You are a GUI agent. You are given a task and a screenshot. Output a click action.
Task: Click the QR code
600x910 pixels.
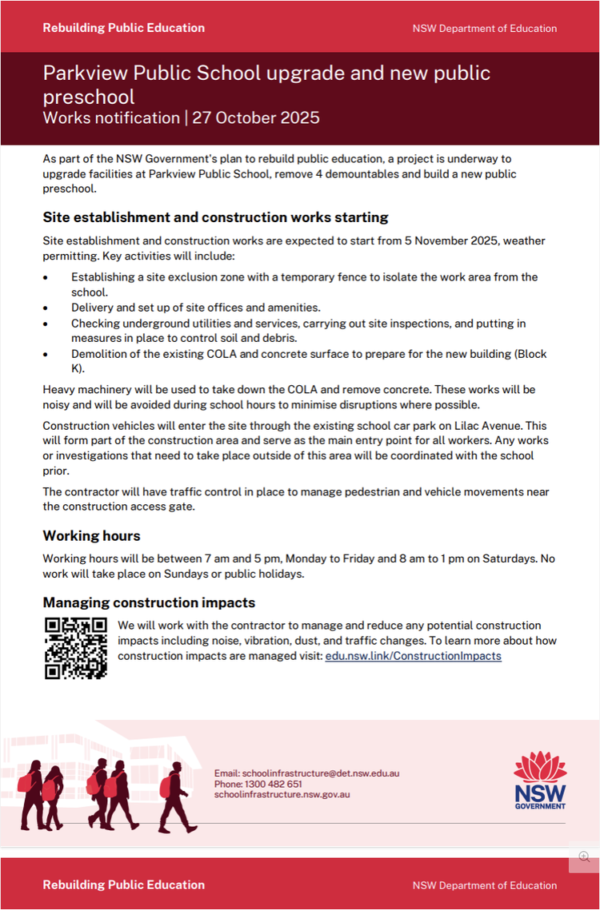(76, 648)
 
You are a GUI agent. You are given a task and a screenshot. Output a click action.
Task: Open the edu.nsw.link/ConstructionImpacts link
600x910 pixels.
(413, 656)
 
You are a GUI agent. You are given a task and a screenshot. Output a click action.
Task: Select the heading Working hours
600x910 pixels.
(91, 535)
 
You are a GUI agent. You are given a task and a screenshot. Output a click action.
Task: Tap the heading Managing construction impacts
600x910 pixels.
(149, 602)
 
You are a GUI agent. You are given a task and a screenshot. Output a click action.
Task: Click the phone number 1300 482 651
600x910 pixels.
(274, 785)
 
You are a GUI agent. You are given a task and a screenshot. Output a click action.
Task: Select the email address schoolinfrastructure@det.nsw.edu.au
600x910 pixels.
(306, 773)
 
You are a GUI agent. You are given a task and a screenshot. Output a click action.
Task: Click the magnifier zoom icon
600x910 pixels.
(584, 856)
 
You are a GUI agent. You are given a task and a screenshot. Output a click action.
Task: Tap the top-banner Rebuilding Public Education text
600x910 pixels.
(124, 28)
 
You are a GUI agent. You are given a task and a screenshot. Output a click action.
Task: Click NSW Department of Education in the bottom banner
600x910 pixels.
(485, 885)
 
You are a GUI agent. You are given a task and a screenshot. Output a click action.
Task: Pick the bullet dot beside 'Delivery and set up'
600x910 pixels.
(46, 308)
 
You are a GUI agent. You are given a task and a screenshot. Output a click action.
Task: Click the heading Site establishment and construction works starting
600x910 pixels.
(215, 217)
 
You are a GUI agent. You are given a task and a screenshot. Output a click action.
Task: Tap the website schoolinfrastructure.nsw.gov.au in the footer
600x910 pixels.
(282, 795)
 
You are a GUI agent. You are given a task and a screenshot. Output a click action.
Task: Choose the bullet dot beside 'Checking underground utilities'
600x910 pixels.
(46, 324)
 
